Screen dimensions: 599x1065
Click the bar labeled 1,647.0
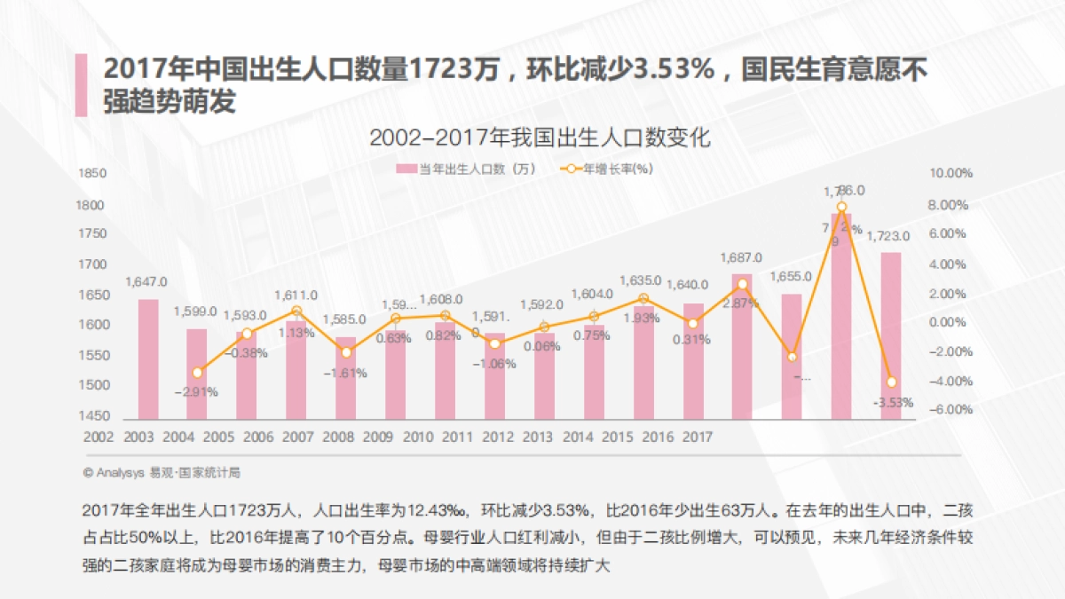tap(148, 359)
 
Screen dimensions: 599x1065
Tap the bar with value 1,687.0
tap(741, 346)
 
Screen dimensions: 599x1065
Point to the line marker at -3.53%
tap(891, 382)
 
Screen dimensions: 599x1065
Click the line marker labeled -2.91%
tap(197, 372)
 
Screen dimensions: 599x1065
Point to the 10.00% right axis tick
tap(951, 173)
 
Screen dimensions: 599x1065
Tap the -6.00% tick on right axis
tap(951, 410)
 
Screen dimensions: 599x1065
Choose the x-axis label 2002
tap(99, 437)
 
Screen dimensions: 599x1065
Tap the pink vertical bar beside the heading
tap(82, 85)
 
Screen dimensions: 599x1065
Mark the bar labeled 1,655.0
tap(791, 356)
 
